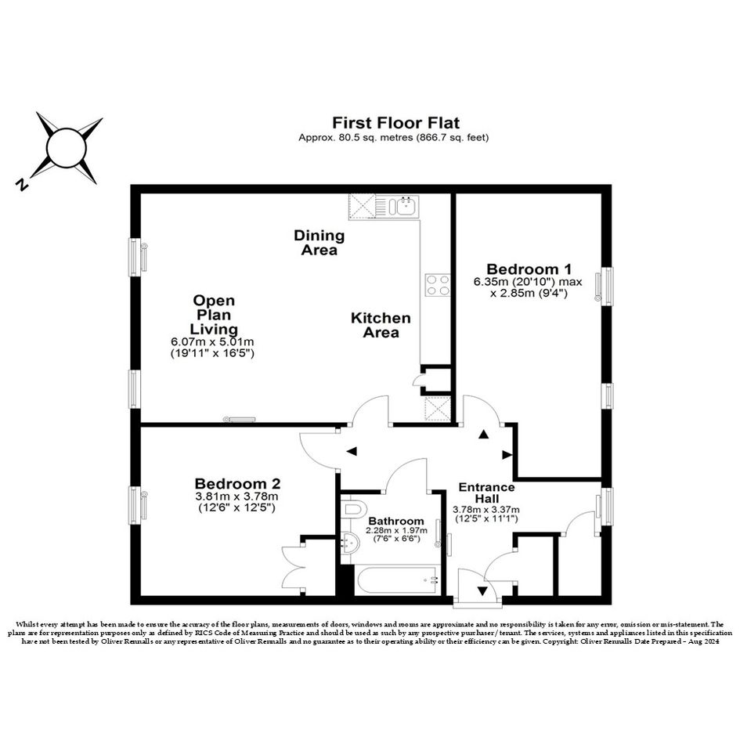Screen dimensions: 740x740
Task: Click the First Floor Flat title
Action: coord(396,123)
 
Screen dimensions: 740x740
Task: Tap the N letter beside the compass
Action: coord(21,185)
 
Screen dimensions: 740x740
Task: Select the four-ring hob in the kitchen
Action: coord(438,285)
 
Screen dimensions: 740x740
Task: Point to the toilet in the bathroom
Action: coord(354,509)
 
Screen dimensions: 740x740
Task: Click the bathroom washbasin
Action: coord(350,543)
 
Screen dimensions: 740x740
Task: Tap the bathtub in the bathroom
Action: coord(397,580)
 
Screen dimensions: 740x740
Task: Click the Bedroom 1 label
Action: coord(529,269)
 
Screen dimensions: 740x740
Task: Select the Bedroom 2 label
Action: coord(237,484)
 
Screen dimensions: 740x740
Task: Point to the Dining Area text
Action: coord(319,242)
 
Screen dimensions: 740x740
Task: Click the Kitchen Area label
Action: coord(381,325)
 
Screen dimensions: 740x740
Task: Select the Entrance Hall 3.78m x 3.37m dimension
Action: coord(486,510)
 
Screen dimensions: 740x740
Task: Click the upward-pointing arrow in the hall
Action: coord(483,435)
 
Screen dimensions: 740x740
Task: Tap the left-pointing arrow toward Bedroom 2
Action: coord(352,452)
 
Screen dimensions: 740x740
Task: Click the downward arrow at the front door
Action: coord(482,590)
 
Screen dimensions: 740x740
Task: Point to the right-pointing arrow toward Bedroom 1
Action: coord(507,455)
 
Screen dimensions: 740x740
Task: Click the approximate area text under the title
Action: coord(394,138)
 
